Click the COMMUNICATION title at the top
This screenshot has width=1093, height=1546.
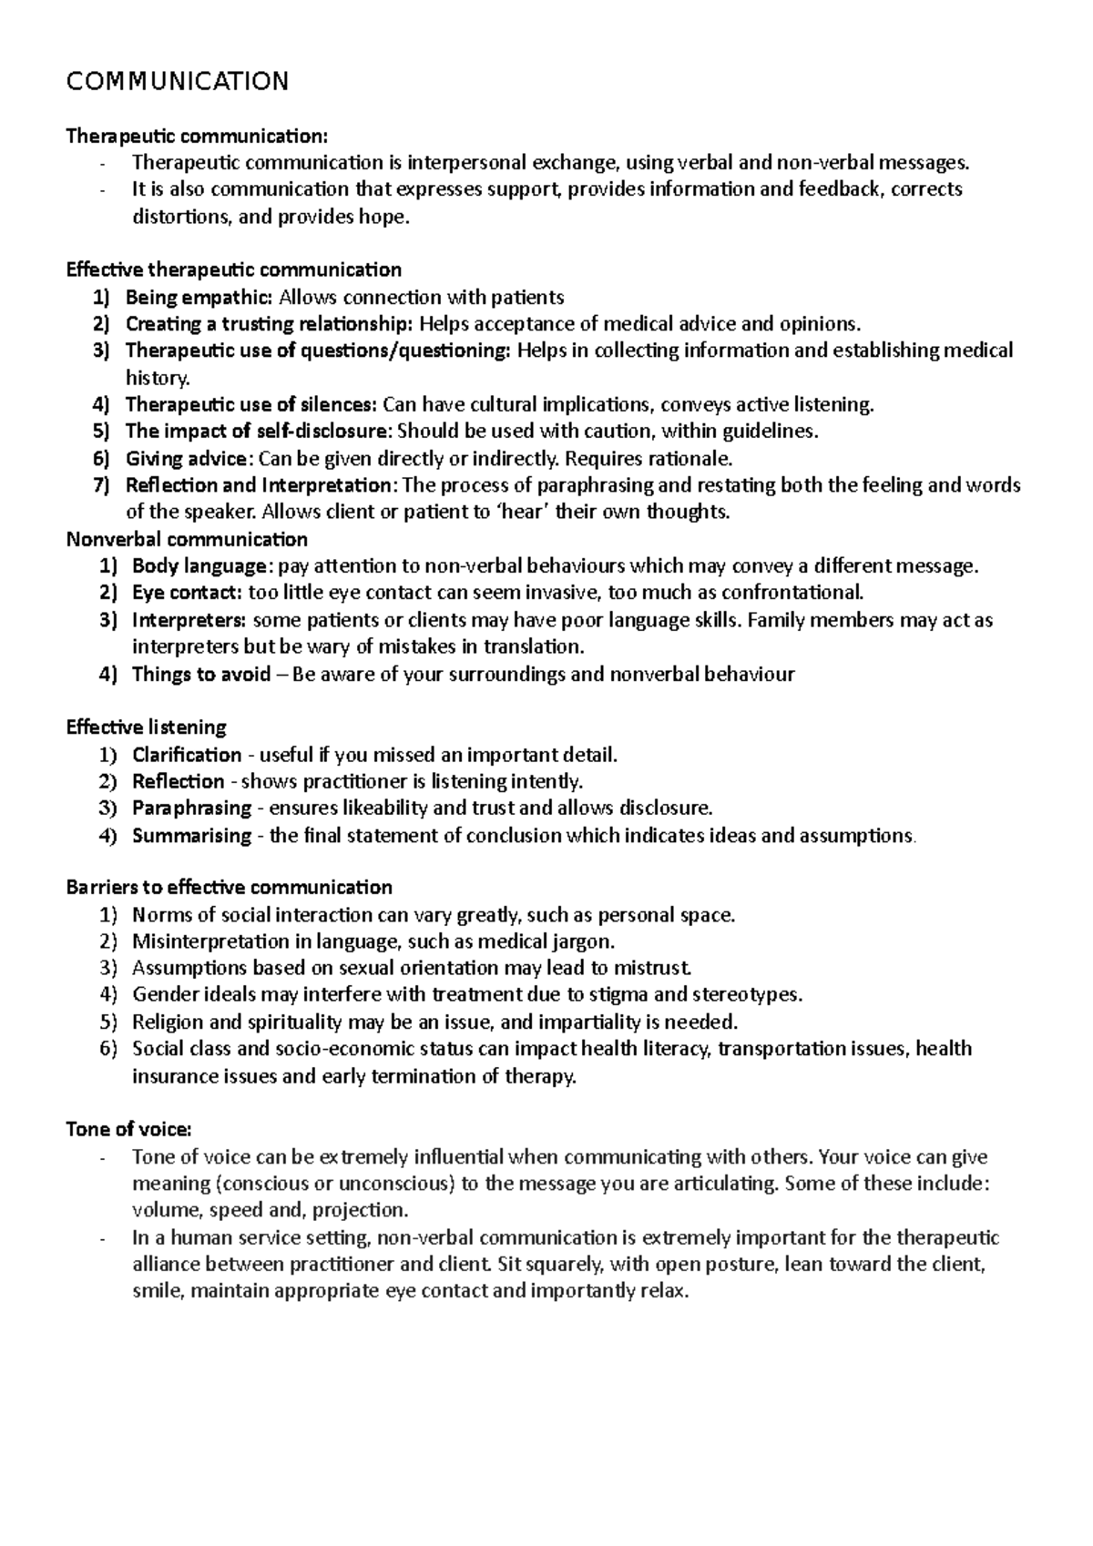point(178,82)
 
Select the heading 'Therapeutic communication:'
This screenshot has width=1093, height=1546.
point(195,137)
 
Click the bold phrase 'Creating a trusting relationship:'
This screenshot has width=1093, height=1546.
point(269,324)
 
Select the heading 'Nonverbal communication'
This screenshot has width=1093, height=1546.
point(187,539)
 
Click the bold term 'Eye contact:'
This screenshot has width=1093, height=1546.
point(187,593)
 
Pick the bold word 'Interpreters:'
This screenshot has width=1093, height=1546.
point(189,620)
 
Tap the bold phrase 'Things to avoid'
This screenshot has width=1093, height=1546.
point(201,674)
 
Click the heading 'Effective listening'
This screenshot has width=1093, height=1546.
point(146,727)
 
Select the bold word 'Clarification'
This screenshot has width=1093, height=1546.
point(187,755)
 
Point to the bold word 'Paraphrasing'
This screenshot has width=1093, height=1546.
point(191,808)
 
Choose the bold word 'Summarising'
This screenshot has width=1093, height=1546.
point(191,835)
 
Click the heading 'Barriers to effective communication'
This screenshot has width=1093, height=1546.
point(229,887)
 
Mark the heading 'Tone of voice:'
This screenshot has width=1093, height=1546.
point(128,1129)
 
